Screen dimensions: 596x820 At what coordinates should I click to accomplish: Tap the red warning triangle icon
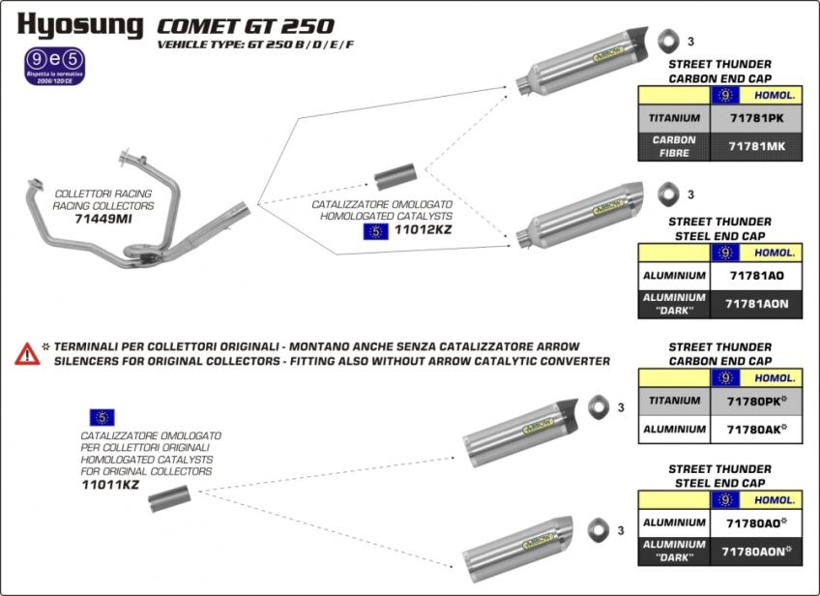[x=26, y=353]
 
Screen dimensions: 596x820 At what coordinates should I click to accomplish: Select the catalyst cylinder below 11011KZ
[x=169, y=501]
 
